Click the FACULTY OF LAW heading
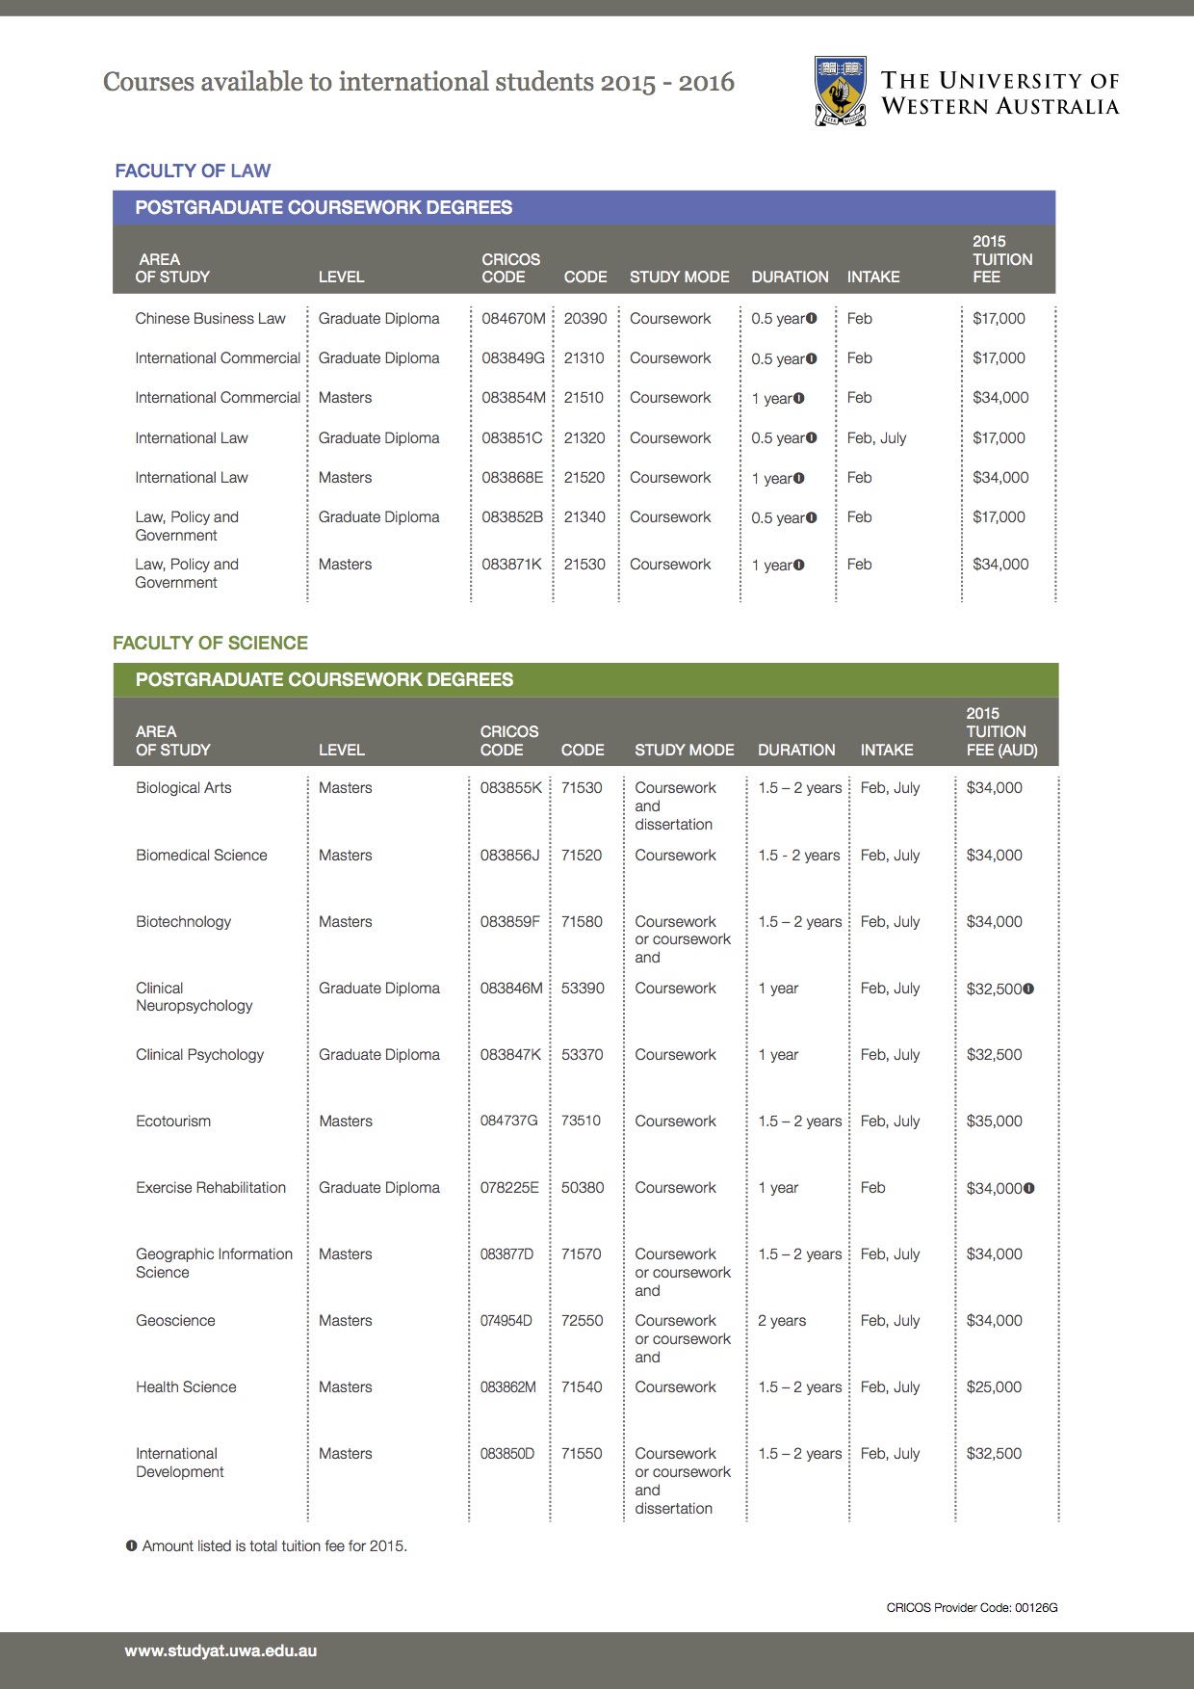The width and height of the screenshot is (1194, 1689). point(193,172)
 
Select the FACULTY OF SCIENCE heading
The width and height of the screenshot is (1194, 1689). point(210,644)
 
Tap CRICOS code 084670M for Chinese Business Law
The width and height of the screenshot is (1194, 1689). point(513,319)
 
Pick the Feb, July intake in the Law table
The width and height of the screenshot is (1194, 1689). point(876,438)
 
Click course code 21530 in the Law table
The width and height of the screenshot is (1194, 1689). point(584,565)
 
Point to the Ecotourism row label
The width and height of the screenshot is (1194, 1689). point(173,1122)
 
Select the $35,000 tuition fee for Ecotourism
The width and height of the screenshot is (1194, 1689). point(994,1122)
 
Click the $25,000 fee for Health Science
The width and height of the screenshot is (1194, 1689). point(994,1387)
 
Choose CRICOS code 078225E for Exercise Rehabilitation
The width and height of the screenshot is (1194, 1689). point(509,1188)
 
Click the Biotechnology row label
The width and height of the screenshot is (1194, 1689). point(184,922)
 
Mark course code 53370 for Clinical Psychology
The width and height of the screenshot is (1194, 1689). point(582,1055)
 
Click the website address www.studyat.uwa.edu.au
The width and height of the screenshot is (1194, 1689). point(221,1650)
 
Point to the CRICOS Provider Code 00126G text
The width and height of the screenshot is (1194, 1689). point(972,1607)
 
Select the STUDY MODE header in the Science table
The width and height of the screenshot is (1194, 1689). point(684,750)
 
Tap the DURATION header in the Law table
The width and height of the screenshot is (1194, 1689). point(790,277)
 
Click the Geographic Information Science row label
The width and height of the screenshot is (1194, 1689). point(214,1263)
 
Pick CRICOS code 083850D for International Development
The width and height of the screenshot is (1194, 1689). point(506,1454)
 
